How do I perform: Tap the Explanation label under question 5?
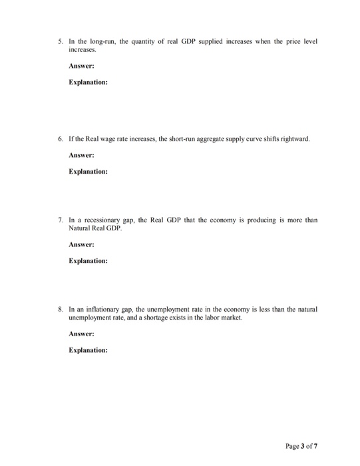89,83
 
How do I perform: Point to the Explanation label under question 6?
89,171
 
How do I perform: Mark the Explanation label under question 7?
89,261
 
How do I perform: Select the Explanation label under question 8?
89,350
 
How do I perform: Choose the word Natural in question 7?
82,228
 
